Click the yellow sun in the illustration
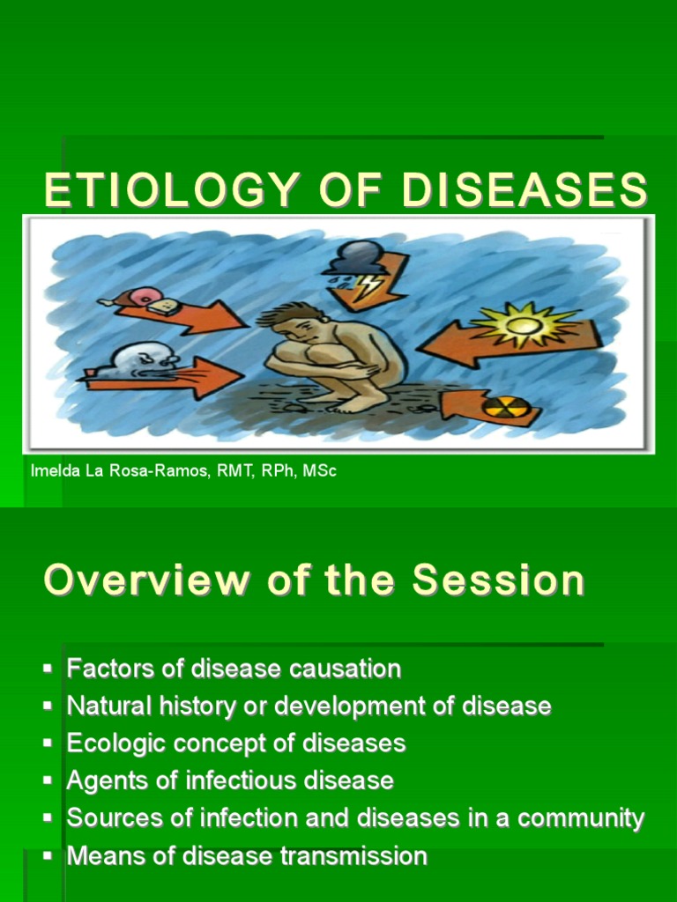click(522, 325)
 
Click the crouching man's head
click(292, 322)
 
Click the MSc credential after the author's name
click(320, 471)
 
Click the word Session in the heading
click(499, 580)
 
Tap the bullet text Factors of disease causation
click(234, 669)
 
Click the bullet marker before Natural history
click(48, 706)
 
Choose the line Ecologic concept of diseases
click(236, 743)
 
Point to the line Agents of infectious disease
click(230, 780)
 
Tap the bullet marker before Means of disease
click(48, 856)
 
